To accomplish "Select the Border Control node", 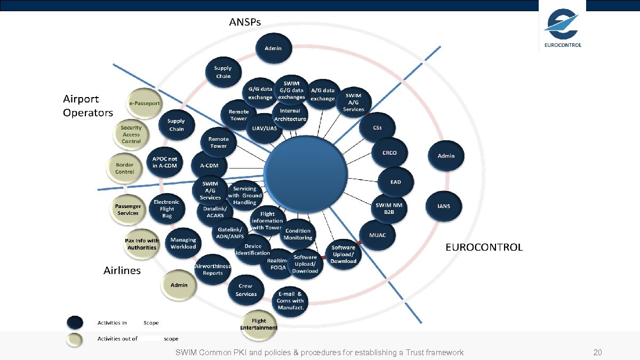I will click(124, 168).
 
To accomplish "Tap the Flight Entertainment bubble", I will click(259, 324).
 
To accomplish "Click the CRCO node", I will click(389, 153).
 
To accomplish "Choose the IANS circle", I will click(443, 206).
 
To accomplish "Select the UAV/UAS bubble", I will click(264, 129).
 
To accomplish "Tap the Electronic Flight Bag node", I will click(167, 209).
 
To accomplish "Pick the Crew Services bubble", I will click(246, 290).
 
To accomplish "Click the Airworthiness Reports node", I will click(212, 270).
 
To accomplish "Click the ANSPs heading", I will click(245, 22).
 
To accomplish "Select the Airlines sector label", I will click(122, 270).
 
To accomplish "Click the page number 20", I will click(597, 353).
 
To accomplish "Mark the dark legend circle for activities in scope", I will click(75, 323).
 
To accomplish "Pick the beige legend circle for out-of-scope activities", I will click(75, 339).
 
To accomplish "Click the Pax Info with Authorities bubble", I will click(142, 244).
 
